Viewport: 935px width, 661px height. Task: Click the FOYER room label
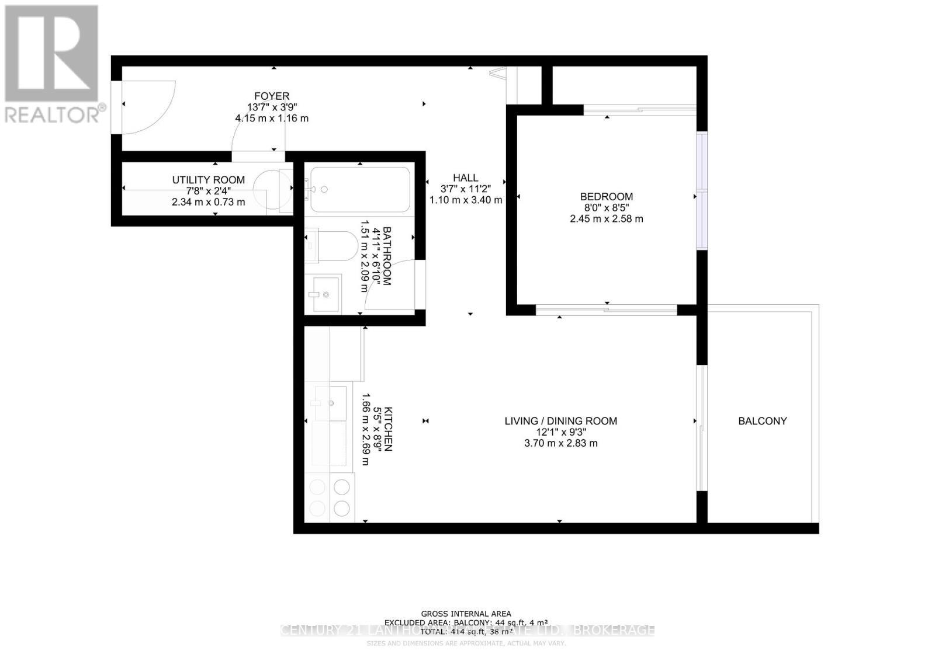pyautogui.click(x=271, y=96)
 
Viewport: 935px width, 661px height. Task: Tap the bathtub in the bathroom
pyautogui.click(x=360, y=190)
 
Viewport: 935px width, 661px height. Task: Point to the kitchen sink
pyautogui.click(x=330, y=402)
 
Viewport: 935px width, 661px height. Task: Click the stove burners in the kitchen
pyautogui.click(x=330, y=497)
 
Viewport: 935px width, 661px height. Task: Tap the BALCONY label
pyautogui.click(x=762, y=421)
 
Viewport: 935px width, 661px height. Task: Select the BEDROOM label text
pyautogui.click(x=606, y=197)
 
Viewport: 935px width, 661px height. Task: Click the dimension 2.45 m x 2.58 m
pyautogui.click(x=606, y=219)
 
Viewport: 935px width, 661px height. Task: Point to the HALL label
pyautogui.click(x=465, y=178)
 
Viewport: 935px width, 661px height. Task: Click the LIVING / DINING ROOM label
pyautogui.click(x=560, y=421)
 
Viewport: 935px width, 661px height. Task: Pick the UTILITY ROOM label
pyautogui.click(x=208, y=180)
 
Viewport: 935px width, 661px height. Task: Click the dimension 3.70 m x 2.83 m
pyautogui.click(x=560, y=443)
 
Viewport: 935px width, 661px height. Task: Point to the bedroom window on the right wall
pyautogui.click(x=701, y=190)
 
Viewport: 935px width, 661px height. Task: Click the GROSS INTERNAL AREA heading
pyautogui.click(x=466, y=614)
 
